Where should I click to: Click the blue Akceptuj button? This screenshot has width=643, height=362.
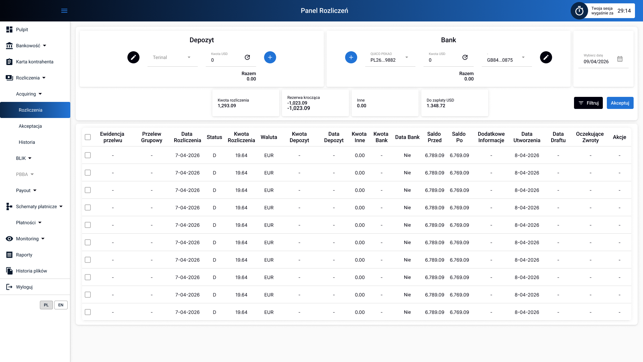(x=620, y=103)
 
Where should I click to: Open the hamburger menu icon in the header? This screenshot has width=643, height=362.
(x=64, y=11)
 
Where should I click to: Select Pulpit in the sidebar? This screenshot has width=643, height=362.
(x=22, y=29)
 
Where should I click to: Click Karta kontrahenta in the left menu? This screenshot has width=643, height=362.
(x=34, y=62)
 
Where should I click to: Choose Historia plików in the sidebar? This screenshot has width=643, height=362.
(x=31, y=271)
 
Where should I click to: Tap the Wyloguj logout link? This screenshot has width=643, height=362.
(x=24, y=287)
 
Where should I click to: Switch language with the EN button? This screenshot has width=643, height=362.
(x=61, y=305)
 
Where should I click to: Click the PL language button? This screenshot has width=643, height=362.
(x=46, y=305)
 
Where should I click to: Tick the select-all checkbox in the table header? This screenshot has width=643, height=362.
(x=88, y=137)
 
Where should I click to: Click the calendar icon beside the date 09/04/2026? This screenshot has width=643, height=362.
(x=620, y=59)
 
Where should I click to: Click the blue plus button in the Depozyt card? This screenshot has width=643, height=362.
(x=270, y=57)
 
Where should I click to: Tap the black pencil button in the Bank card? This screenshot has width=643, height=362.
(x=546, y=57)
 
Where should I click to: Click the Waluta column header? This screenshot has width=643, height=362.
(x=269, y=137)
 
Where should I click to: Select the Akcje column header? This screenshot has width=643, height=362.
(x=619, y=137)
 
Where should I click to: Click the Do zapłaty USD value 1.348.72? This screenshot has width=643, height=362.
(x=436, y=106)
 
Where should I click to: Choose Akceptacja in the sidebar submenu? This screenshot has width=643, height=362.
(x=30, y=126)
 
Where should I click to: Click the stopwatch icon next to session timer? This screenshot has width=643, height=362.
(x=579, y=11)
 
